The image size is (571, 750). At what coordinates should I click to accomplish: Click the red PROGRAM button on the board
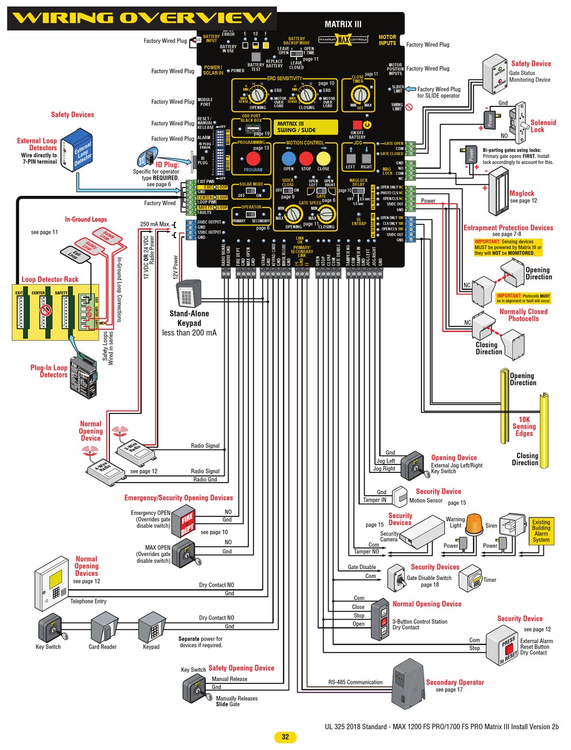[x=253, y=159]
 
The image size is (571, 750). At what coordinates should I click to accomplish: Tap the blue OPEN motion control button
[x=289, y=158]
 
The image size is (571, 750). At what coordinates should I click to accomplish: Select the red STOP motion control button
[x=307, y=158]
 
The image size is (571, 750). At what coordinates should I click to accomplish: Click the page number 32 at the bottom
[x=285, y=737]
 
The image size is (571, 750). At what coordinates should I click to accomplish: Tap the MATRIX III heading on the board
[x=343, y=25]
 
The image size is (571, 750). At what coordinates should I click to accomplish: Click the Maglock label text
[x=522, y=194]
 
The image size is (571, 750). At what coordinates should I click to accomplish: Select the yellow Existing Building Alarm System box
[x=541, y=531]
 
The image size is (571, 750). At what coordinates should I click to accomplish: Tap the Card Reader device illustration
[x=102, y=629]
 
